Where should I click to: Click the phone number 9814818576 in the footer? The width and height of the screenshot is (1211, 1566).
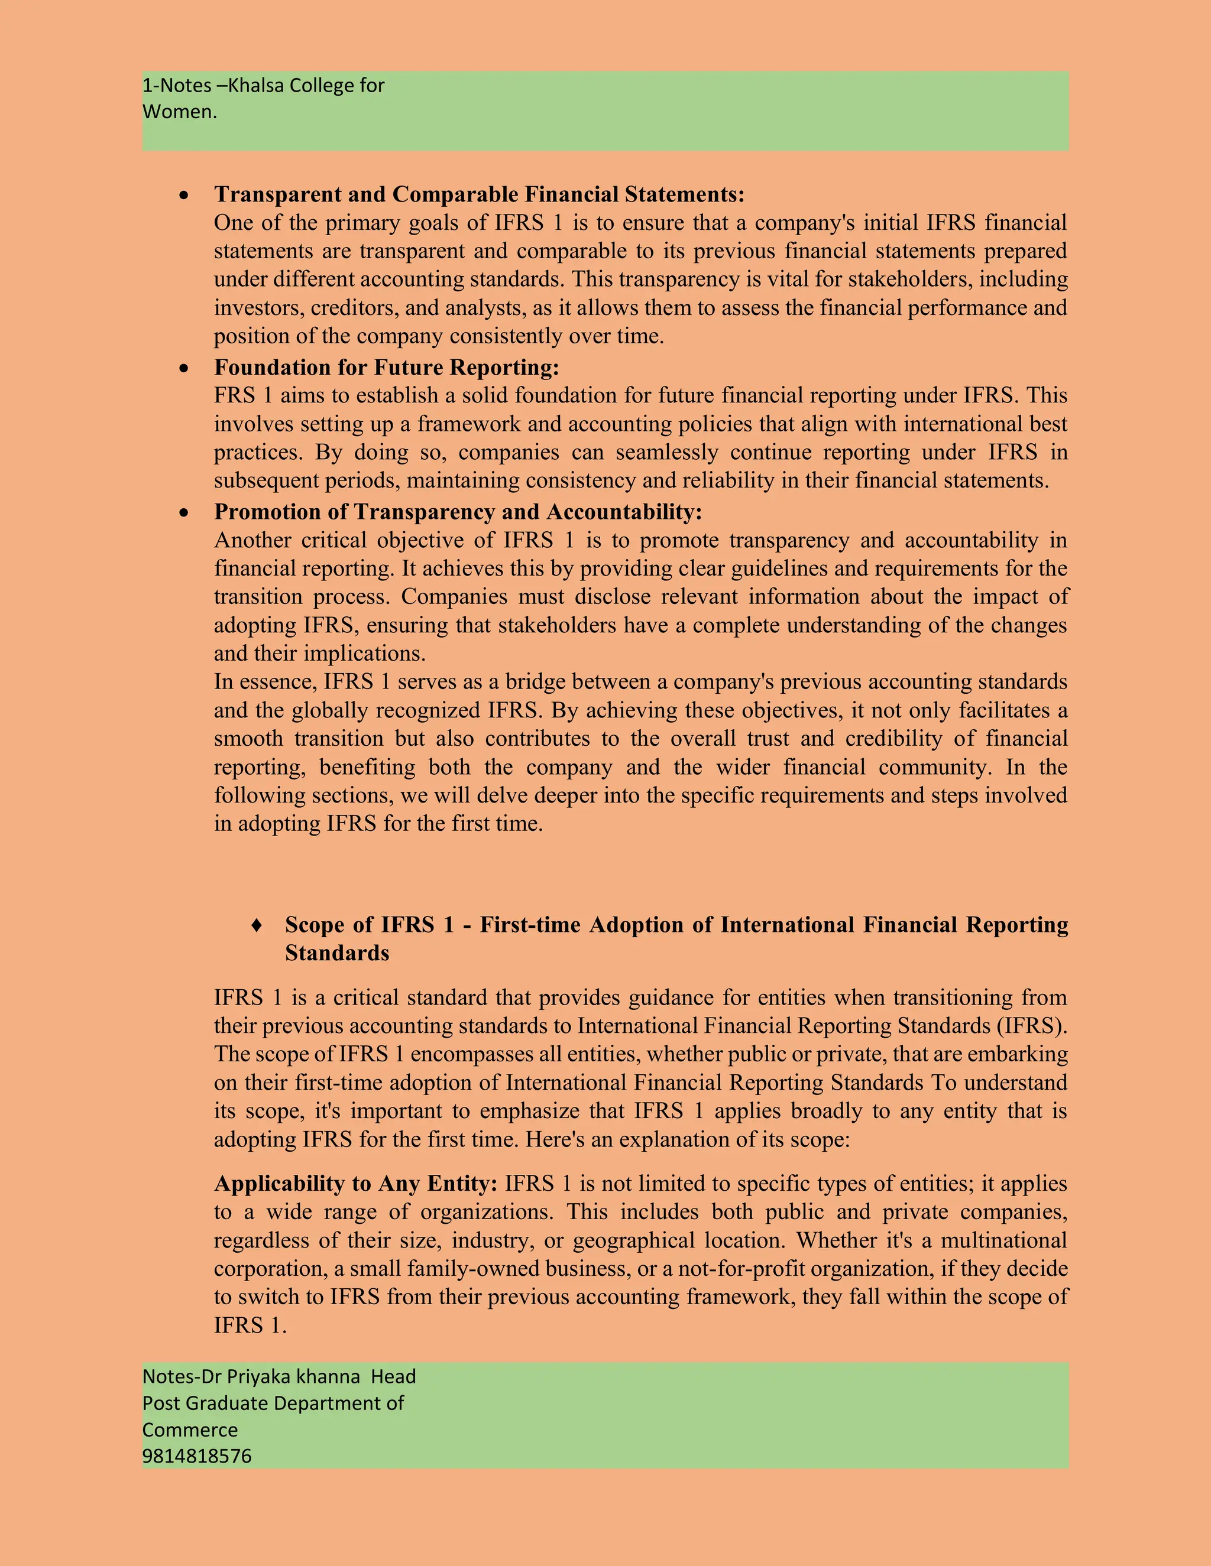tap(196, 1456)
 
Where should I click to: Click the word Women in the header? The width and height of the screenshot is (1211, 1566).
tap(177, 112)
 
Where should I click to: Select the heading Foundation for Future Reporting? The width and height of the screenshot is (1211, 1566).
tap(386, 367)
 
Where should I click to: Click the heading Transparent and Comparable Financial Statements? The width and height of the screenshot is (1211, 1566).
tap(478, 194)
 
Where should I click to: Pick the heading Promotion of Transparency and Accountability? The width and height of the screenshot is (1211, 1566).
tap(458, 511)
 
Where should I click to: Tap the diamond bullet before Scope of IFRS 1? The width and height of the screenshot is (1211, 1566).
tap(256, 925)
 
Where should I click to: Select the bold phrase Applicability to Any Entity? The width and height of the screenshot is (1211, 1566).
tap(355, 1184)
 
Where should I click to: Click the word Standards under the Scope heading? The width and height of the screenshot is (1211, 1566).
tap(336, 953)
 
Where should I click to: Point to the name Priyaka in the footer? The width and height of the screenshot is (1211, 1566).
tap(259, 1377)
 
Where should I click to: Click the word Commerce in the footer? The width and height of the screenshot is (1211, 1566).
tap(189, 1429)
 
